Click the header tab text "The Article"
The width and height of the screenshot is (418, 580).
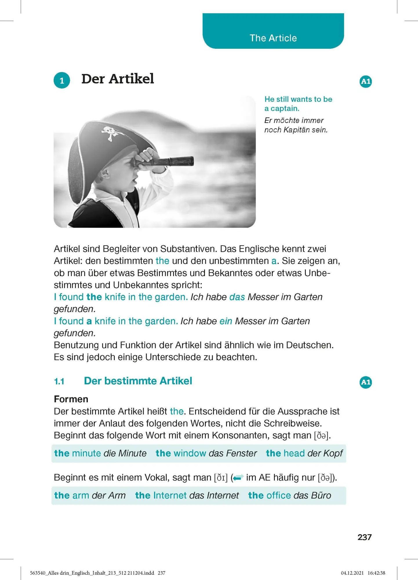[273, 38]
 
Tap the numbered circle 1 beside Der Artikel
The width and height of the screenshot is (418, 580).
[62, 80]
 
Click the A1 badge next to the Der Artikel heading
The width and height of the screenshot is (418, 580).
[366, 81]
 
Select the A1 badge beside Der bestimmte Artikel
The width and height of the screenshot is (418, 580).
[366, 382]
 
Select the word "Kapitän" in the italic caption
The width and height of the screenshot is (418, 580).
[296, 130]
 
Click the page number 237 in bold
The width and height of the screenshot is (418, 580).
[364, 537]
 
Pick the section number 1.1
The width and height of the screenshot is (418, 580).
[59, 381]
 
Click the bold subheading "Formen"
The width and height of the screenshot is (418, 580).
[71, 399]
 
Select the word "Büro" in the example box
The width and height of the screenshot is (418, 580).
[321, 495]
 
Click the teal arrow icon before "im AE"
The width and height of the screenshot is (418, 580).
[238, 478]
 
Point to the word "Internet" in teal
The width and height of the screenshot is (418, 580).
[170, 495]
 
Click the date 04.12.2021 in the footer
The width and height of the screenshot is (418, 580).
[352, 573]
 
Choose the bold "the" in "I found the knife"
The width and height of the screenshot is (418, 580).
[94, 297]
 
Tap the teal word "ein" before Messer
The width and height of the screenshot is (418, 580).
[226, 321]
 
